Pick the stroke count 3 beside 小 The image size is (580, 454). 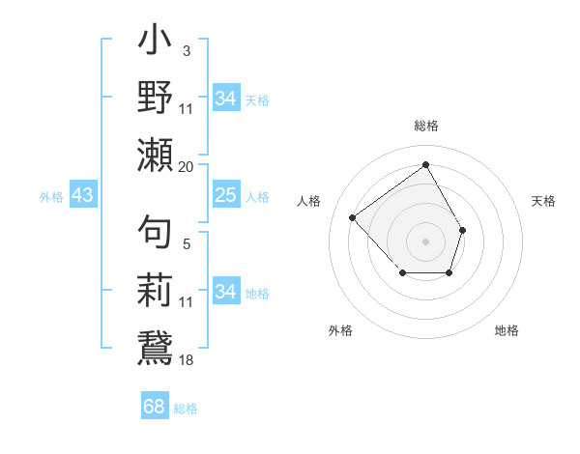click(x=186, y=50)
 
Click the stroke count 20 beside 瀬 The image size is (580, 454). click(x=186, y=166)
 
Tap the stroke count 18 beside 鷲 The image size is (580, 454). click(x=186, y=359)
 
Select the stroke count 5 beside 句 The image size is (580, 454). click(x=186, y=244)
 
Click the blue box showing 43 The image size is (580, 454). click(x=82, y=196)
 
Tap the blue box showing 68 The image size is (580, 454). click(x=155, y=407)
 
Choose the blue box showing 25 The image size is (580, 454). click(x=225, y=196)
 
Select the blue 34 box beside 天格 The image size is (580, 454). click(x=225, y=99)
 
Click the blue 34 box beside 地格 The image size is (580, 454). click(x=225, y=292)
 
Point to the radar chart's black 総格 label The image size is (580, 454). click(x=425, y=126)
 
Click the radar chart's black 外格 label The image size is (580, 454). click(x=340, y=330)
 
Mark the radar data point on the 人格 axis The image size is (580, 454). click(x=353, y=217)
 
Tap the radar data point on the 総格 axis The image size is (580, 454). click(x=425, y=164)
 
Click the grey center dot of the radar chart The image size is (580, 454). click(x=425, y=241)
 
